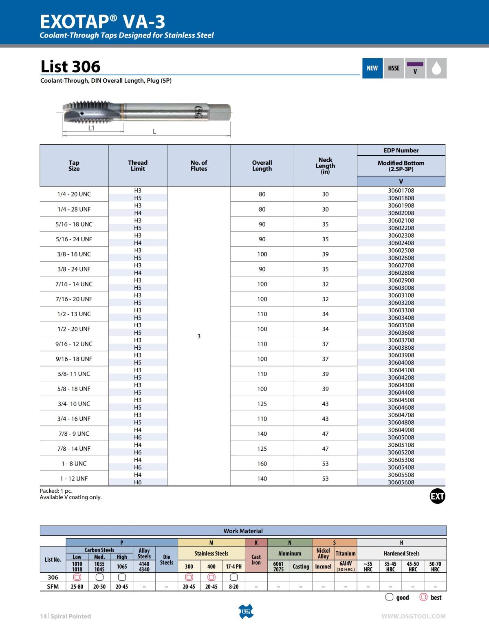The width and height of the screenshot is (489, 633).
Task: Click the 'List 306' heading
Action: [x=70, y=66]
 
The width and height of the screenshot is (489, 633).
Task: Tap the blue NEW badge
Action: [x=372, y=68]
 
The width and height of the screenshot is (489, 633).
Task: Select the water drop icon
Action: [x=436, y=68]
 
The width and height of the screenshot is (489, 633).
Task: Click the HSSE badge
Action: [x=394, y=68]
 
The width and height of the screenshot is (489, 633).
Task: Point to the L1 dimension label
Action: [x=92, y=128]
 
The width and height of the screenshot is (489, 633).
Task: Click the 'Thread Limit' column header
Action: [x=138, y=165]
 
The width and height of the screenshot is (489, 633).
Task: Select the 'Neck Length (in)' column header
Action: [x=325, y=165]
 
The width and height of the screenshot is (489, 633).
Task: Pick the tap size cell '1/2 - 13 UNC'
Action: [x=74, y=314]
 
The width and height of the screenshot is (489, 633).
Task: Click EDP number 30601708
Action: [x=401, y=190]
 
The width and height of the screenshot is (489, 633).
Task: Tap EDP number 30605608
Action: [x=401, y=482]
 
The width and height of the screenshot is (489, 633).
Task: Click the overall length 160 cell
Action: [x=262, y=463]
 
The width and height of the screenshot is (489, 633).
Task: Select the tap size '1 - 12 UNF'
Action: [x=74, y=479]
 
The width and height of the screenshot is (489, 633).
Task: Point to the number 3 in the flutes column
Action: [x=199, y=336]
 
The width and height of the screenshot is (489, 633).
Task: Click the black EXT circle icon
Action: [x=437, y=496]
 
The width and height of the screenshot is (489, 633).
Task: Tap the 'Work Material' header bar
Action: [x=243, y=531]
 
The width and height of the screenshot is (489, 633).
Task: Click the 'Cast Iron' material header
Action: [x=256, y=560]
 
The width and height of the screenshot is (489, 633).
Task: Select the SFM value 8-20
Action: [x=233, y=587]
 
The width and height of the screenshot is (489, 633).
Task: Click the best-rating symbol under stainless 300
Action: [x=189, y=577]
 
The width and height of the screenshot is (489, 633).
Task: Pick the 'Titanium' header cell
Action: [x=346, y=554]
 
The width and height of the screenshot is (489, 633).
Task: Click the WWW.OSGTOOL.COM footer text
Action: [x=414, y=616]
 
